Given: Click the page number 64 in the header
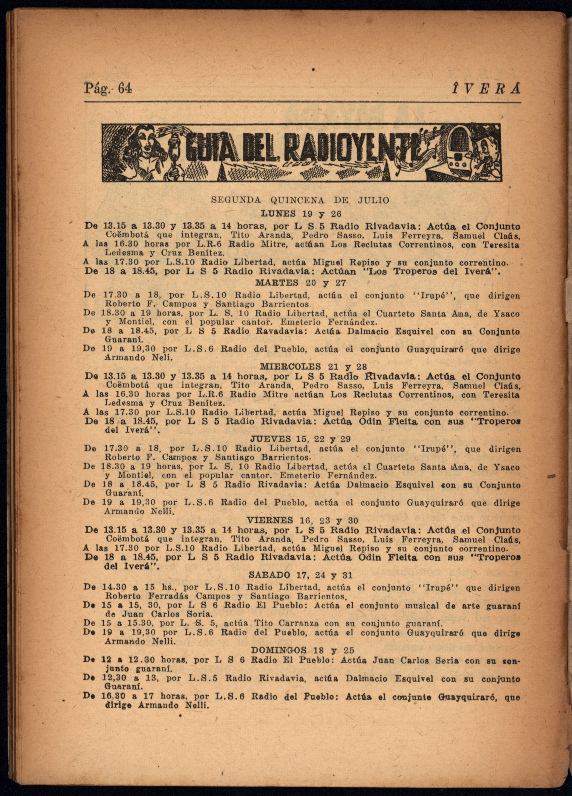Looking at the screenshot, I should point(125,88).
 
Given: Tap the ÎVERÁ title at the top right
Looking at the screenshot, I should point(486,88).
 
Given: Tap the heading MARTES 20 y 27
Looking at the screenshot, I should point(301,283).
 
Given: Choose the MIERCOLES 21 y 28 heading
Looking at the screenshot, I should point(313,367).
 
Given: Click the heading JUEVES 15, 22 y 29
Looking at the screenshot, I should point(300,439).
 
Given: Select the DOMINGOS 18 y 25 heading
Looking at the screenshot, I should point(303,650).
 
